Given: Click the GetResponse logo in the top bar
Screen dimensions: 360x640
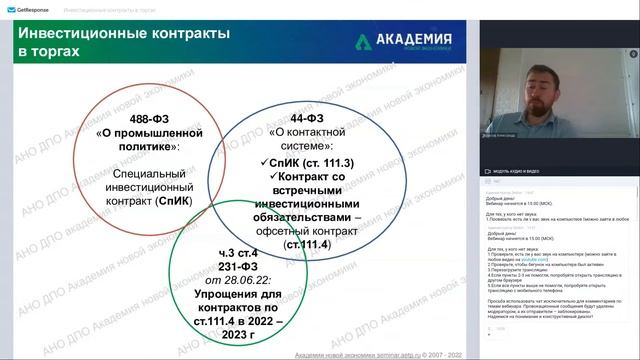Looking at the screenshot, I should [29, 7].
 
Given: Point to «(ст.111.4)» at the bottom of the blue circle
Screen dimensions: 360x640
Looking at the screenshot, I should [307, 245].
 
